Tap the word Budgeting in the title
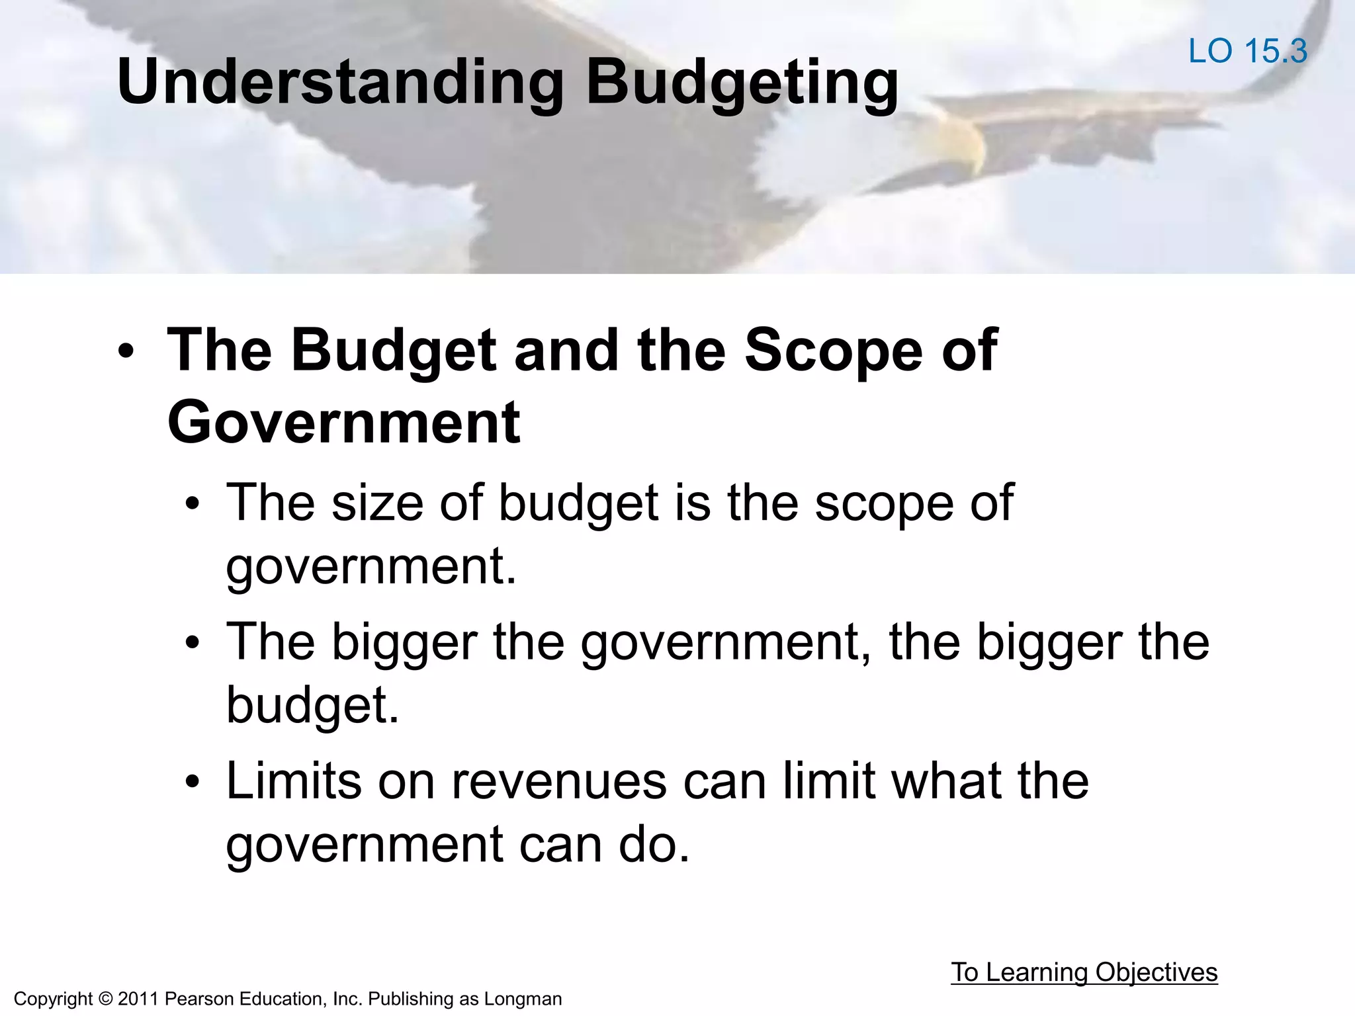(742, 83)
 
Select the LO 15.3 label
(1248, 52)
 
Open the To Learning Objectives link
(1084, 972)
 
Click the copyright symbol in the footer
(105, 999)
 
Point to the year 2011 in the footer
(138, 999)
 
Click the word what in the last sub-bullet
(947, 781)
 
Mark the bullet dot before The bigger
(193, 642)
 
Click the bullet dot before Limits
(193, 783)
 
